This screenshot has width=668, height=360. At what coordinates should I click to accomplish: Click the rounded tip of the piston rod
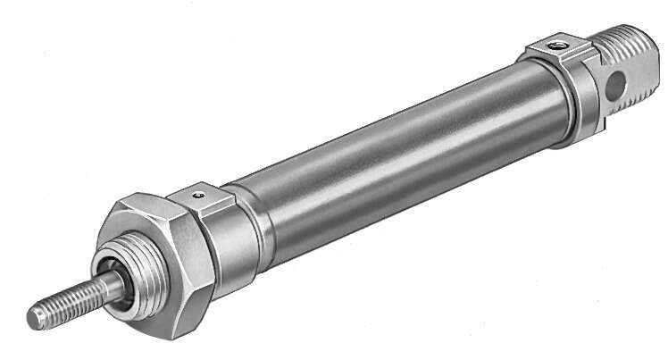(x=35, y=315)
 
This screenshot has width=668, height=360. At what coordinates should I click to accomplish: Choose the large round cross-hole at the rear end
(x=614, y=87)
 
